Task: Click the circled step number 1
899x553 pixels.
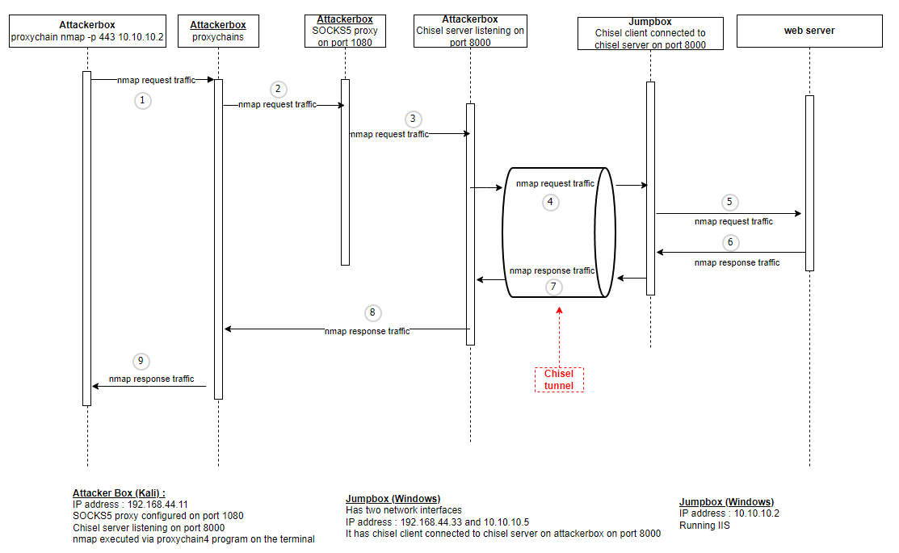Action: point(143,101)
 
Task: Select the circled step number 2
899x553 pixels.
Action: point(278,89)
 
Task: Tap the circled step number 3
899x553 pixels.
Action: point(413,119)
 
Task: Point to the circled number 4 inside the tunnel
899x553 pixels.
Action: point(551,203)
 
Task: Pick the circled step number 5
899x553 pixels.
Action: point(730,203)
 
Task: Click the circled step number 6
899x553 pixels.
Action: point(730,242)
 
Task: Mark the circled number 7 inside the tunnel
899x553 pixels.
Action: point(553,287)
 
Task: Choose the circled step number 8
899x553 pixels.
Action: point(372,313)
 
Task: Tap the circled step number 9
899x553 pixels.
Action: point(144,362)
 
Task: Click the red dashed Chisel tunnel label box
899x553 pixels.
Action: point(559,379)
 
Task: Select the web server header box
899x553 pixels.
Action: point(809,31)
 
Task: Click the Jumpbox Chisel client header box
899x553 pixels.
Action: point(650,33)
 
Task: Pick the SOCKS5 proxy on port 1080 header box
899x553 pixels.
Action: point(345,31)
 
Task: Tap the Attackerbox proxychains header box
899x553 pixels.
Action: point(218,31)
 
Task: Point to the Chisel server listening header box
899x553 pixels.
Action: point(470,31)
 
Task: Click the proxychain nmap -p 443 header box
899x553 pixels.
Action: point(87,31)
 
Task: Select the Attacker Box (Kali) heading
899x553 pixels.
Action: point(119,492)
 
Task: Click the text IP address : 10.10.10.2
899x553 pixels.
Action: point(729,513)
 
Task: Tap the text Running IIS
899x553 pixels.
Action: point(705,525)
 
